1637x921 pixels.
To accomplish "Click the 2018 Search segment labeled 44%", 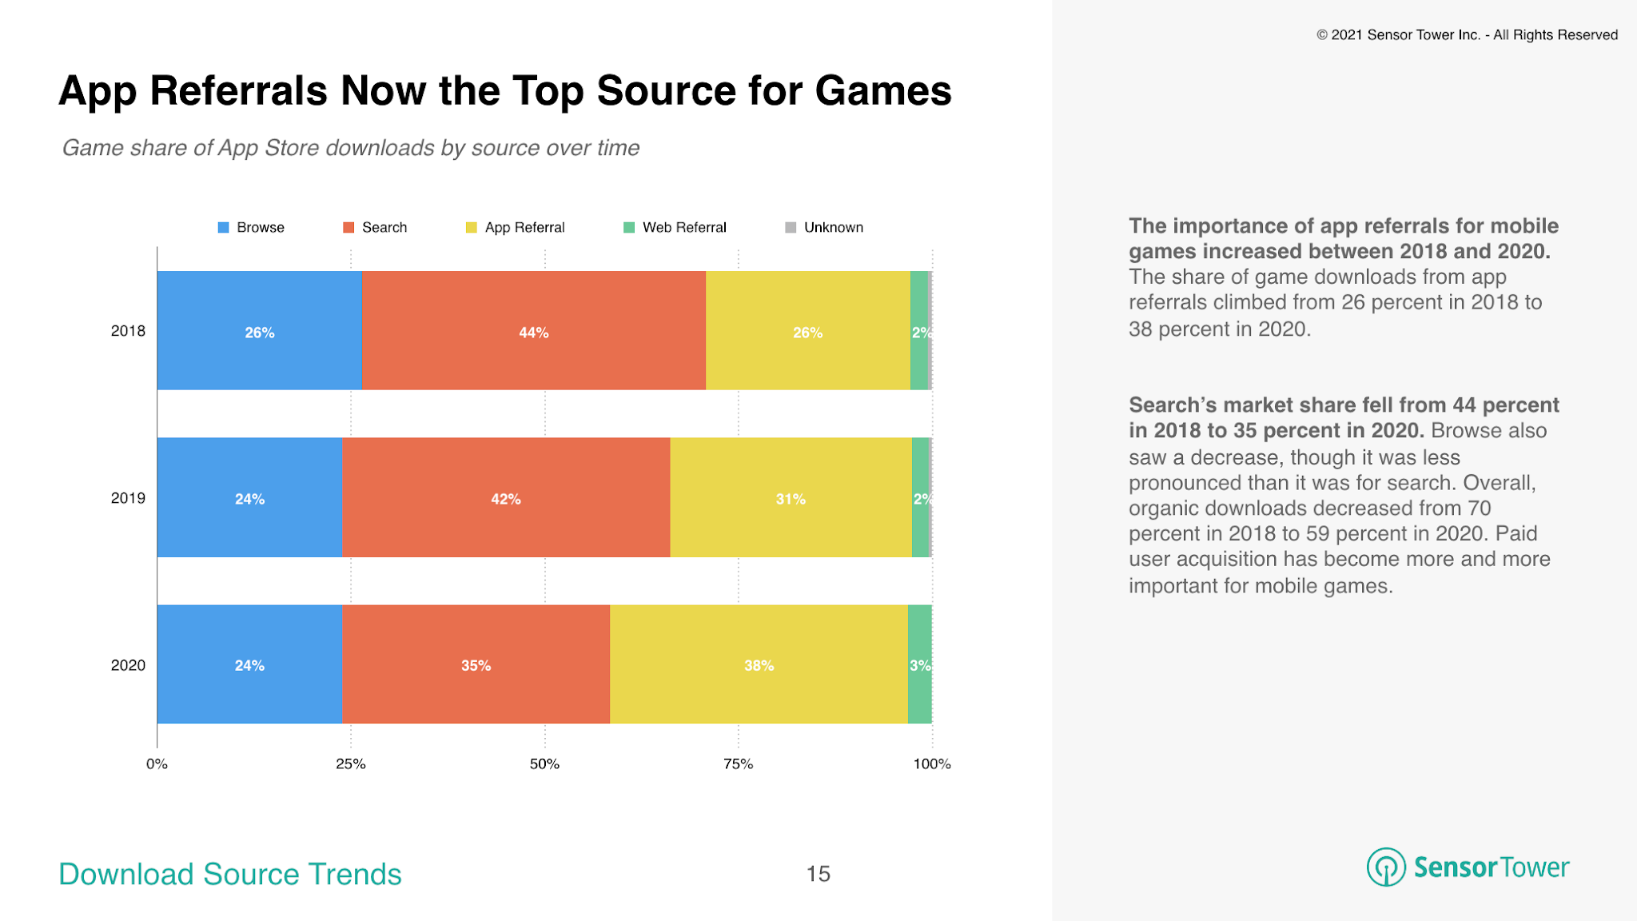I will point(533,331).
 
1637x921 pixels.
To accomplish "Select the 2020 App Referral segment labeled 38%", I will point(758,664).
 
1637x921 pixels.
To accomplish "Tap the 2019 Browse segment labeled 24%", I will point(249,498).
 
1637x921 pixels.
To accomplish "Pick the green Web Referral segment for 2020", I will point(919,664).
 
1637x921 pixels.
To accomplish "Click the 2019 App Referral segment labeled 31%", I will point(790,498).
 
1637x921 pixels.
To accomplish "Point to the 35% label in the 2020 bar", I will point(476,665).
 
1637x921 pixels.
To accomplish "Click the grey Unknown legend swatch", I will point(791,227).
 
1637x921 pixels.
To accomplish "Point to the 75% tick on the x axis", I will point(738,764).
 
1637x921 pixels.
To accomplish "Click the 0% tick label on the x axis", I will point(157,764).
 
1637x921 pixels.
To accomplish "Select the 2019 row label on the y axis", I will point(128,498).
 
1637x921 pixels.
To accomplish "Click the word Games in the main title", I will point(882,90).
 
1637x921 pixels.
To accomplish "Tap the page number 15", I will point(818,873).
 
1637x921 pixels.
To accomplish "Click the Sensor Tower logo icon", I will point(1385,867).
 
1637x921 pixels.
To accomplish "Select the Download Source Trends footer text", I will point(230,874).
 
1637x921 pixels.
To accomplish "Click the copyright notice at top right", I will point(1467,35).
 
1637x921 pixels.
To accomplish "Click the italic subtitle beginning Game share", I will point(350,148).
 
